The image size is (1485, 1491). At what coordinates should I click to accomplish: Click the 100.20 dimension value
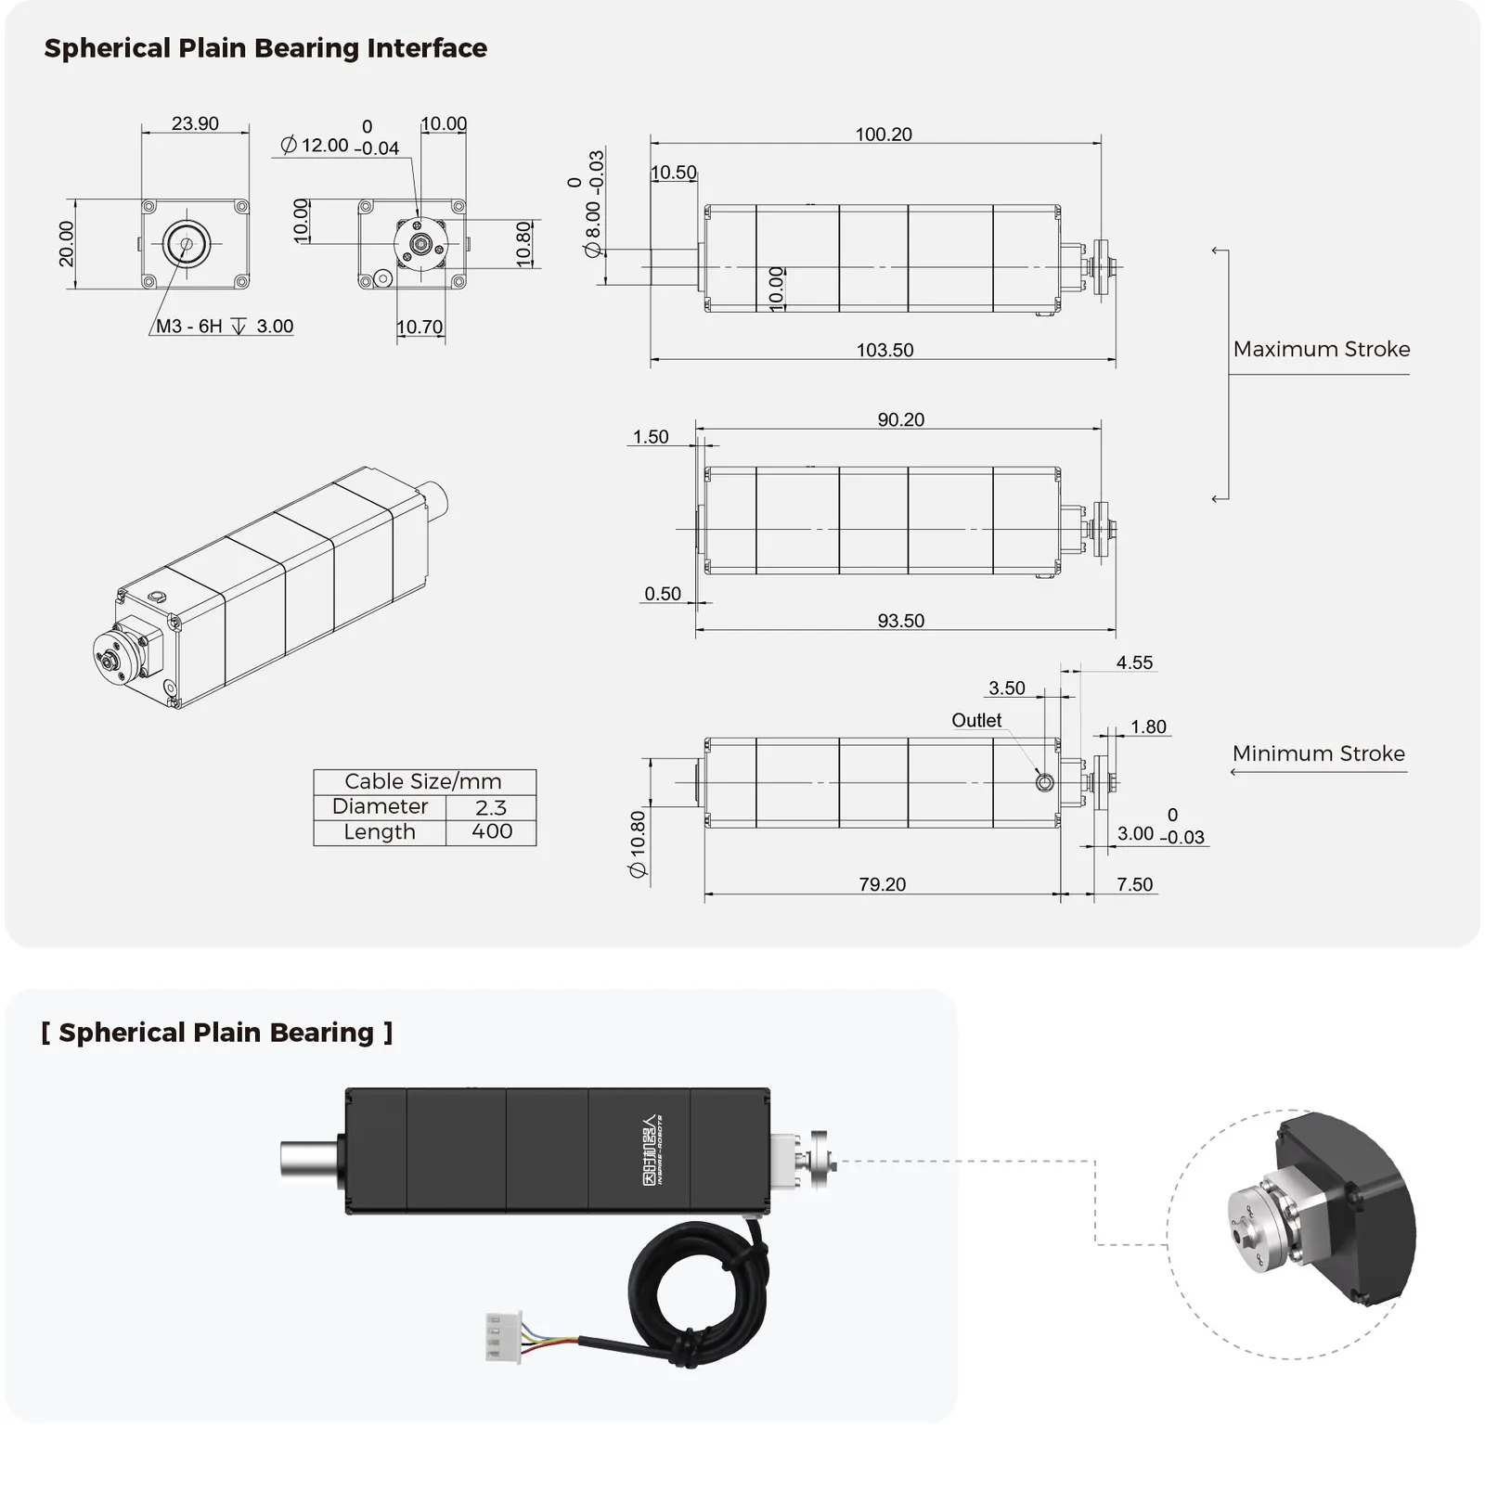884,135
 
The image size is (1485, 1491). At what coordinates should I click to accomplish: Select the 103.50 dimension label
885,350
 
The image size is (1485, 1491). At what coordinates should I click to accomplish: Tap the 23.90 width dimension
195,123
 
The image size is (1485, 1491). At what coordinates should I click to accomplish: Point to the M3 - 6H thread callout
189,326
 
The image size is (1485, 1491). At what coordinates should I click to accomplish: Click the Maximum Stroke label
1322,349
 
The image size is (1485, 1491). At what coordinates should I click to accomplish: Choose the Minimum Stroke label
1319,753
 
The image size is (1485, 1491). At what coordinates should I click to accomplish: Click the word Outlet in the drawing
976,720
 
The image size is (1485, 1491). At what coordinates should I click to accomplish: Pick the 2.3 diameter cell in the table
491,807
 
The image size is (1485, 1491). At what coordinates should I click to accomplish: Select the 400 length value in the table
492,831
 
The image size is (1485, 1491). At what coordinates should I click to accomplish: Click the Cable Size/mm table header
423,781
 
